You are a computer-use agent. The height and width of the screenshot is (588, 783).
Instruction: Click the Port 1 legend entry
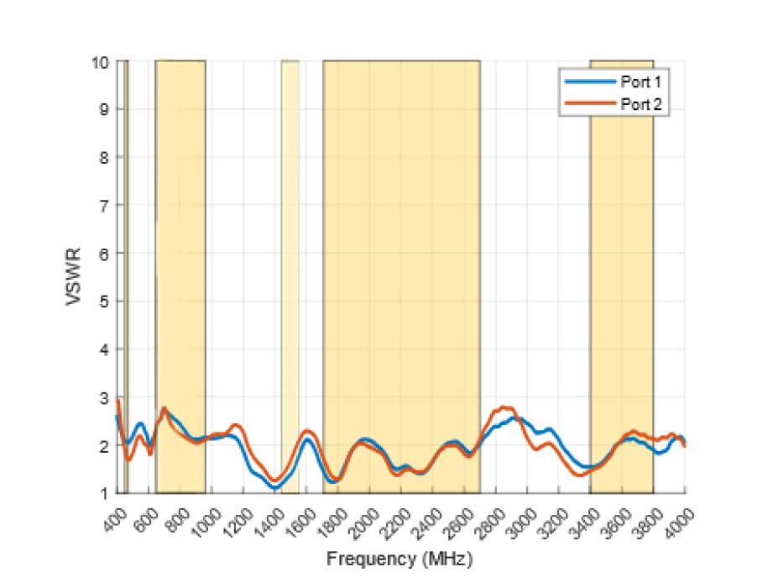pos(637,81)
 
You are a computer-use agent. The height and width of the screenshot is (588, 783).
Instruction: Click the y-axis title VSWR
pos(74,277)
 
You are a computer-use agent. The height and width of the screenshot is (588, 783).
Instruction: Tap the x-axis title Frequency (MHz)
pos(399,558)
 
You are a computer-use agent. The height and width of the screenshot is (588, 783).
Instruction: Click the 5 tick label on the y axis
pos(105,301)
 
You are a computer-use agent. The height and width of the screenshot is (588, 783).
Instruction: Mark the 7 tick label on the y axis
pos(105,205)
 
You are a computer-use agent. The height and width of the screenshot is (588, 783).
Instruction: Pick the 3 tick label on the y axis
pos(105,396)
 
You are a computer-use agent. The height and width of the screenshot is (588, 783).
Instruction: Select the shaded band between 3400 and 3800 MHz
pos(622,252)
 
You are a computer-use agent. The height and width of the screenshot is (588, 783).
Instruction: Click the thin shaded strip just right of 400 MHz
pos(126,252)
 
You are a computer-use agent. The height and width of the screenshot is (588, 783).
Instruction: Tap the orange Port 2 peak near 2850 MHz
pos(504,407)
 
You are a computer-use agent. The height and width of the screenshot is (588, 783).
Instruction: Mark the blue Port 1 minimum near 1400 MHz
pos(274,488)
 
